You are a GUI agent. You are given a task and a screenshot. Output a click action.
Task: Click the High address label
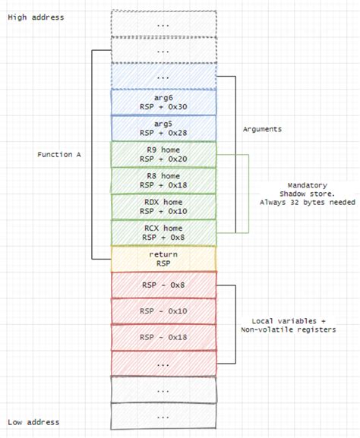pos(36,17)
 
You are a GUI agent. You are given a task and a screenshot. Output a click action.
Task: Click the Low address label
pos(33,422)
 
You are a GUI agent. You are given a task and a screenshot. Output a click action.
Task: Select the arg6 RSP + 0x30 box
pos(164,102)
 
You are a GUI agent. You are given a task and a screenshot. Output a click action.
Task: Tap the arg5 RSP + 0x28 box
pos(164,128)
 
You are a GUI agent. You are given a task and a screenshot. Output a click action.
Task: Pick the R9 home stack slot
pos(164,154)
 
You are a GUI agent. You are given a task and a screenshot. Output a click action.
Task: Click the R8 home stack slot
pos(164,180)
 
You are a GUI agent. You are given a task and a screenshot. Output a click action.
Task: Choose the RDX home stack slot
pos(164,206)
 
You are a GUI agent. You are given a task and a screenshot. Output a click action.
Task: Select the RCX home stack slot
pos(164,232)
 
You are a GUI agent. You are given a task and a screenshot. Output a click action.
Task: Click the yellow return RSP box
pos(164,258)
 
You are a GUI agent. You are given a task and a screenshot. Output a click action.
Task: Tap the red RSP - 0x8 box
pos(164,285)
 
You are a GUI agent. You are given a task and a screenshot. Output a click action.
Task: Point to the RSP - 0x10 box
pos(164,310)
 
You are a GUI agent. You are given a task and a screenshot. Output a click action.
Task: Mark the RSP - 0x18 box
pos(164,336)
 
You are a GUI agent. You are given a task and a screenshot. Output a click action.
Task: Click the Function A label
pos(59,154)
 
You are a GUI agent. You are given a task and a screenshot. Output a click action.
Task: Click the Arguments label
pos(262,129)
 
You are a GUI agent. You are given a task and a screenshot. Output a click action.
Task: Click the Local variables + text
pos(288,320)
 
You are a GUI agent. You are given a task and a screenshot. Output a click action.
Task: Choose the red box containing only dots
pos(164,363)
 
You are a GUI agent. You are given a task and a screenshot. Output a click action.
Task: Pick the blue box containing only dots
pos(164,76)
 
